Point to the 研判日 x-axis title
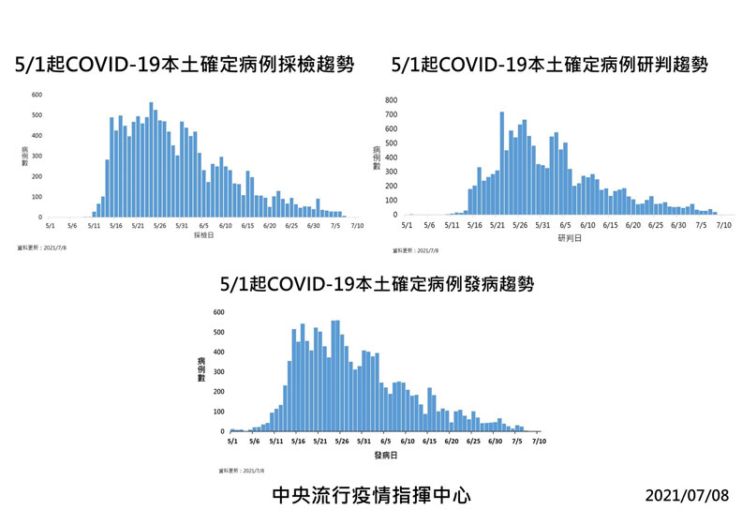[569, 238]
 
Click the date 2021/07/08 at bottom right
[687, 494]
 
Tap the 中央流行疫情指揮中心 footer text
[371, 494]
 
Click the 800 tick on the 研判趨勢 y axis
[391, 99]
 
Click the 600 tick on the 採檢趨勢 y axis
[37, 95]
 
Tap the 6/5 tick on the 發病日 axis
[385, 440]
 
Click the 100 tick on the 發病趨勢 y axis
[218, 412]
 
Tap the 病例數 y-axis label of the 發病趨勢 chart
[201, 369]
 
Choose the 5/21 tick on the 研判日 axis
[497, 225]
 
